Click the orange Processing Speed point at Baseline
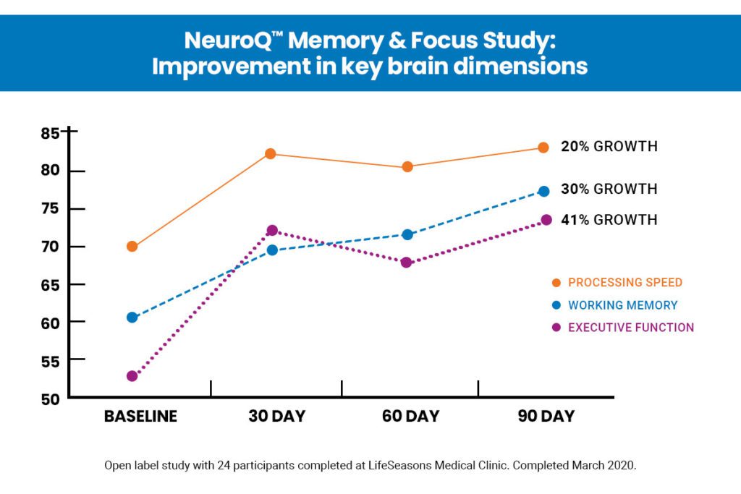tap(132, 247)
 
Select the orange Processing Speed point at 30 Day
tap(271, 154)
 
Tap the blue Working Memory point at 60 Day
tap(407, 234)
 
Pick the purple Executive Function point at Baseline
tap(132, 376)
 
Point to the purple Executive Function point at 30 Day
tap(272, 231)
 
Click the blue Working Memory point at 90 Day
tap(544, 191)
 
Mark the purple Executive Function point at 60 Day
tap(407, 262)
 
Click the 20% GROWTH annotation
tap(609, 147)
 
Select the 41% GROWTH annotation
tap(609, 220)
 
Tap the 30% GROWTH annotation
tap(609, 189)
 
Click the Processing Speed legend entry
tap(624, 282)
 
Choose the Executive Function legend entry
tap(630, 328)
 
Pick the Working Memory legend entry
tap(622, 305)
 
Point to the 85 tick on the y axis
tap(51, 133)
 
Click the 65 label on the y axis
tap(51, 284)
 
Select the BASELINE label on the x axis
tap(140, 417)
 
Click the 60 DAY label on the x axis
tap(409, 417)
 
